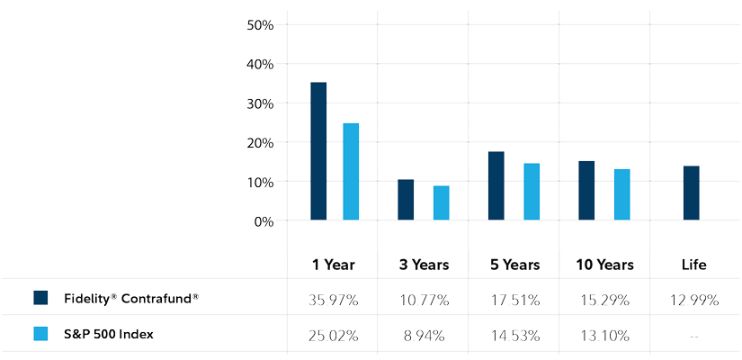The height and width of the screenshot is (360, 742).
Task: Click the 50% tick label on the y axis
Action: click(260, 24)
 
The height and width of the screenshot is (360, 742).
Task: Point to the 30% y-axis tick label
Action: click(260, 103)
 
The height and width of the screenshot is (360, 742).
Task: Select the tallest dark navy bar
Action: click(318, 151)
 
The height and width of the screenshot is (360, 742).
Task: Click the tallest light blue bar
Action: click(351, 171)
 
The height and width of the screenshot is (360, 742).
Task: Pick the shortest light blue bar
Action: click(441, 202)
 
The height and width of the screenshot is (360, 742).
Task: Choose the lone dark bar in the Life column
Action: click(691, 193)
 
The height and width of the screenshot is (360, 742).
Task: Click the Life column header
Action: click(693, 265)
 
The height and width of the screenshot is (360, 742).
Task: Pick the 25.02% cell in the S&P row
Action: click(333, 336)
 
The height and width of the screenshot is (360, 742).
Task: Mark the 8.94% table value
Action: click(423, 336)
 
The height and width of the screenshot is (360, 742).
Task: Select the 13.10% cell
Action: click(603, 336)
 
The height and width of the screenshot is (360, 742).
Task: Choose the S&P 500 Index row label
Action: click(109, 334)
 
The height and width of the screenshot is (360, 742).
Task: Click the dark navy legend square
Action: click(40, 298)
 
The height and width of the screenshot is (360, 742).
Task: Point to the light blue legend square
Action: click(40, 334)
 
